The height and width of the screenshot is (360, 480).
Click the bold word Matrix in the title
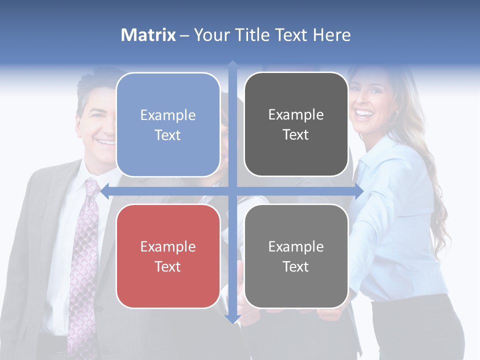(148, 35)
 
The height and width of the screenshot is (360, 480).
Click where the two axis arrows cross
(232, 191)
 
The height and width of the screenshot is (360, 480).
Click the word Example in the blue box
(168, 115)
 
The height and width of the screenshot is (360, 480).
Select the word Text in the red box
(168, 266)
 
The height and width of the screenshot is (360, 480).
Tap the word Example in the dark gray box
(296, 115)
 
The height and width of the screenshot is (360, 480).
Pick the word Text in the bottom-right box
(296, 266)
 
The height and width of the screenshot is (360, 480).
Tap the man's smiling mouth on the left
(106, 142)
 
